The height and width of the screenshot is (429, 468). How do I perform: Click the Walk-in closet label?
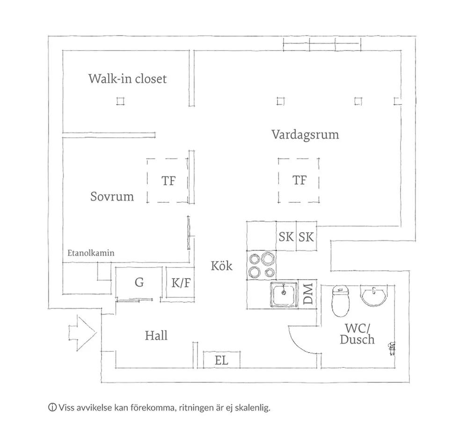pyautogui.click(x=127, y=78)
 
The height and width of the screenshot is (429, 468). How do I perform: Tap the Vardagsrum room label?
pyautogui.click(x=305, y=135)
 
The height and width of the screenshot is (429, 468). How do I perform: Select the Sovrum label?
pyautogui.click(x=112, y=196)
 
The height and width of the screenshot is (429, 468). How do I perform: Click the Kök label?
pyautogui.click(x=221, y=266)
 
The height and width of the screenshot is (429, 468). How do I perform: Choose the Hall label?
pyautogui.click(x=156, y=335)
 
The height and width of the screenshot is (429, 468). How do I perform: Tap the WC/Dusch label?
pyautogui.click(x=357, y=333)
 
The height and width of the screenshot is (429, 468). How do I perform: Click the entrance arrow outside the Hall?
pyautogui.click(x=82, y=333)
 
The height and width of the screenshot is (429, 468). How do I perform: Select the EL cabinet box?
pyautogui.click(x=221, y=360)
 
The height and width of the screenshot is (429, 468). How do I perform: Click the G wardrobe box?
pyautogui.click(x=139, y=282)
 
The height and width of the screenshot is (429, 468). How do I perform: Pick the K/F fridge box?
pyautogui.click(x=181, y=282)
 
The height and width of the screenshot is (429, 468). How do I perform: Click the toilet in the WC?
pyautogui.click(x=341, y=301)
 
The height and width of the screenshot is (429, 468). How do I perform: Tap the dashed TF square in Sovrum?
pyautogui.click(x=168, y=180)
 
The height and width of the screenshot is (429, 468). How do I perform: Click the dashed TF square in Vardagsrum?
pyautogui.click(x=299, y=180)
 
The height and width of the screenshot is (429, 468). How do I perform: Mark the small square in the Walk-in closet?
pyautogui.click(x=121, y=101)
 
